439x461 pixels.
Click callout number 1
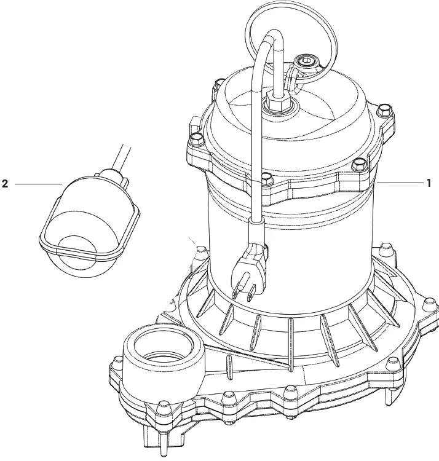[429, 183]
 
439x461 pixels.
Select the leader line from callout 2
[37, 183]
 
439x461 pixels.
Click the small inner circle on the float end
[76, 250]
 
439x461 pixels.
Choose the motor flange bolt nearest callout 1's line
[358, 164]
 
